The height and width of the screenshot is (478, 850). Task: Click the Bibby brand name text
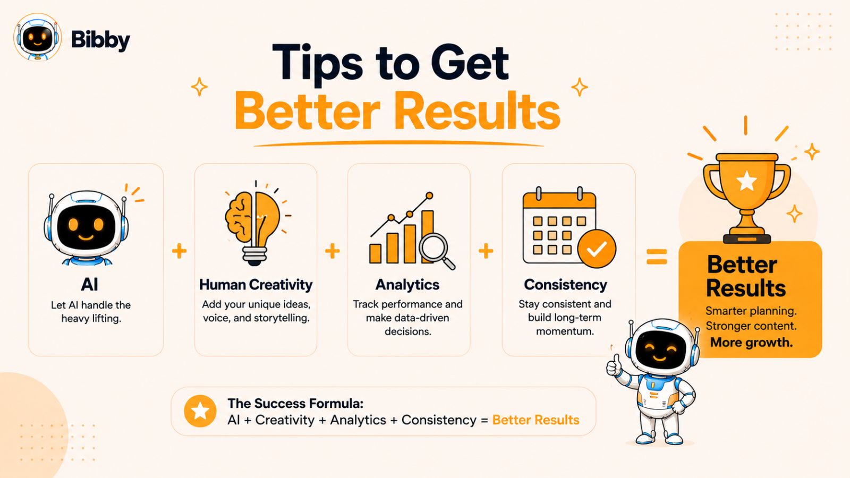click(x=100, y=40)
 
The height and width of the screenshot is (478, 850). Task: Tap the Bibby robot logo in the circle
click(x=37, y=37)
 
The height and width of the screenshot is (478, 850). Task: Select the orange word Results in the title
click(x=478, y=111)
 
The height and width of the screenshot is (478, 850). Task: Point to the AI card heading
click(x=90, y=285)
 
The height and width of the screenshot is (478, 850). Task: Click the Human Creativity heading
click(x=256, y=285)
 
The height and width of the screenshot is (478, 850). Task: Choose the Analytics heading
click(x=407, y=285)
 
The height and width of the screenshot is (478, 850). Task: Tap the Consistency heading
click(x=565, y=285)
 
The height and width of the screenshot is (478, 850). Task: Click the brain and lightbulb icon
click(x=255, y=223)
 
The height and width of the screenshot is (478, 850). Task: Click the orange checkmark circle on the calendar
click(x=597, y=249)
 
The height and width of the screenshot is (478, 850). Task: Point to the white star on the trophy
click(x=746, y=181)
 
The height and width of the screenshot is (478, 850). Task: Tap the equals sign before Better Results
click(x=657, y=257)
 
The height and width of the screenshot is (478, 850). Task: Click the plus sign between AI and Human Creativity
click(x=179, y=251)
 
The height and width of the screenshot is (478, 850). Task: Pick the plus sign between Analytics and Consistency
click(x=486, y=251)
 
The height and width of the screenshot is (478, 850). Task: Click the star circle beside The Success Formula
click(x=200, y=411)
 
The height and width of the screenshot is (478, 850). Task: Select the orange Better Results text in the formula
click(x=536, y=420)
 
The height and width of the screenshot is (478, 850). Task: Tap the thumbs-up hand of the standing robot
click(x=613, y=365)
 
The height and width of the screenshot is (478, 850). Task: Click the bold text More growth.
click(x=751, y=342)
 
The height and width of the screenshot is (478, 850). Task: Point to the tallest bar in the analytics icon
click(x=428, y=237)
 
